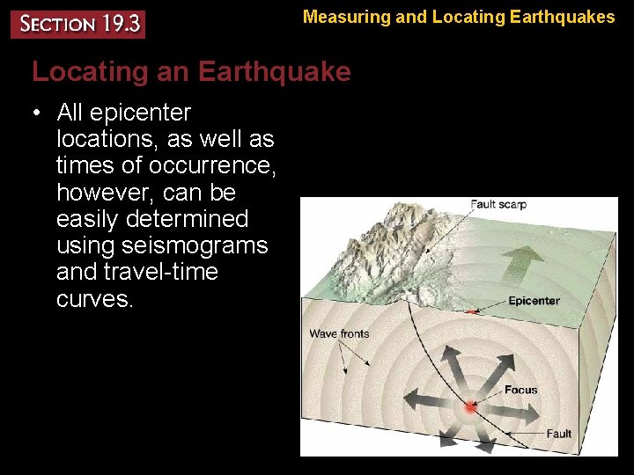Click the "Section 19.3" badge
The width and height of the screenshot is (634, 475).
77,24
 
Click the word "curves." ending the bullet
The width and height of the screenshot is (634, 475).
95,298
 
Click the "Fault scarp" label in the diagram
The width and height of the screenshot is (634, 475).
498,205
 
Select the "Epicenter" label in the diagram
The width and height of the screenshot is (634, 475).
534,301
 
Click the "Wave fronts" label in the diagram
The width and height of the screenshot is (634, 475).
339,333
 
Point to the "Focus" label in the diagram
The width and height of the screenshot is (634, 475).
520,390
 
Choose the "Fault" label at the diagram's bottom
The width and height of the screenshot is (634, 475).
558,434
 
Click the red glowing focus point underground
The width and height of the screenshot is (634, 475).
470,408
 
